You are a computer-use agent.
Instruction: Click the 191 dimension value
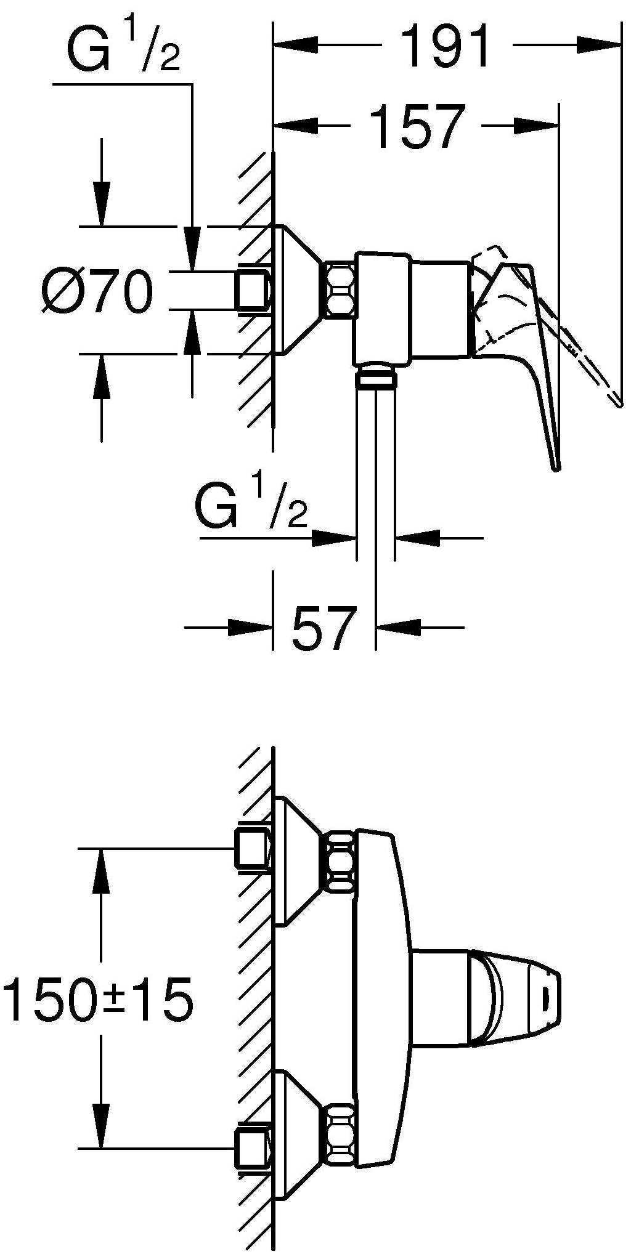point(445,45)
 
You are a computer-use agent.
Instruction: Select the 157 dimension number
point(418,126)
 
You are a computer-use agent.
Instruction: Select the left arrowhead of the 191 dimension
point(295,45)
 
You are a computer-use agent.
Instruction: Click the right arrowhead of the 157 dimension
point(537,126)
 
